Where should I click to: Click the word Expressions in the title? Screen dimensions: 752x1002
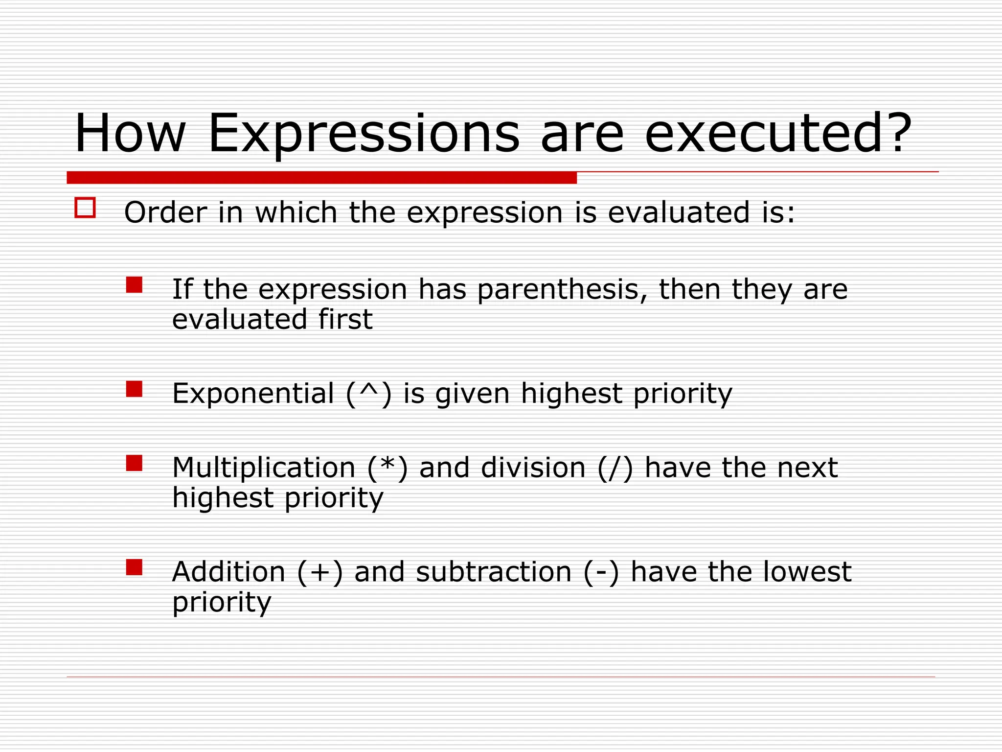(364, 134)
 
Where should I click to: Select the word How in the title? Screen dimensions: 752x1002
(130, 134)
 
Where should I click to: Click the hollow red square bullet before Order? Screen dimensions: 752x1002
(85, 208)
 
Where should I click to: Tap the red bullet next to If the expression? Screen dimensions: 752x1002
(134, 285)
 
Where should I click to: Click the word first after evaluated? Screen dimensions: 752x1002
(345, 319)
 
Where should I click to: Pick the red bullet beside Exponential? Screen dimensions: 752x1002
(134, 389)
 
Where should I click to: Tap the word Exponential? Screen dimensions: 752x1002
(253, 394)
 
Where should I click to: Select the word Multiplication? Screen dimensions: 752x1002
(264, 468)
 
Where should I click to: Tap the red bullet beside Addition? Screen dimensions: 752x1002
(134, 567)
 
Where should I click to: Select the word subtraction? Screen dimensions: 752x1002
(494, 572)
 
